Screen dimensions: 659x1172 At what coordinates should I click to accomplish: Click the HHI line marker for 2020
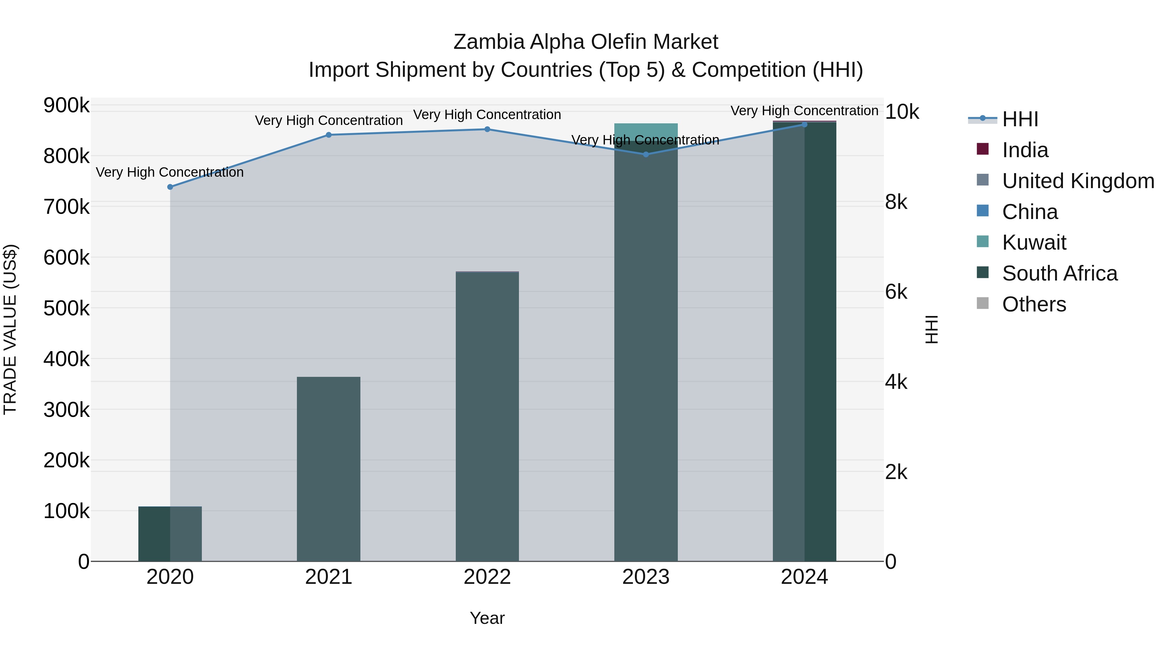(x=170, y=187)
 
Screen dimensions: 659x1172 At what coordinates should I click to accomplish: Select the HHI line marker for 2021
(x=328, y=135)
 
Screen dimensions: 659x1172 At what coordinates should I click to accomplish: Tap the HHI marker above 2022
(x=487, y=129)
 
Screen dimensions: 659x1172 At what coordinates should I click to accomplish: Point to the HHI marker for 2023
(x=646, y=154)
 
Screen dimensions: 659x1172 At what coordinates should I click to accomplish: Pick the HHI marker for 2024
(x=804, y=125)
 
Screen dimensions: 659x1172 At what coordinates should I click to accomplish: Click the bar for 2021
(x=328, y=468)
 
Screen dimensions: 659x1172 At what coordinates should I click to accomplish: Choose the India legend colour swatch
(x=983, y=149)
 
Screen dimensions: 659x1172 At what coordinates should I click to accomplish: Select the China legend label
(x=1030, y=212)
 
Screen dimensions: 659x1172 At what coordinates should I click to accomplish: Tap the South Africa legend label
(x=1060, y=273)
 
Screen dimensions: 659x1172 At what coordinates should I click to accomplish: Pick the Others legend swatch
(x=983, y=303)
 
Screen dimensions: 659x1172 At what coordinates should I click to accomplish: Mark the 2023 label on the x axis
(x=646, y=577)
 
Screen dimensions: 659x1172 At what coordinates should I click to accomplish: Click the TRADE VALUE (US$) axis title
(x=10, y=329)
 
